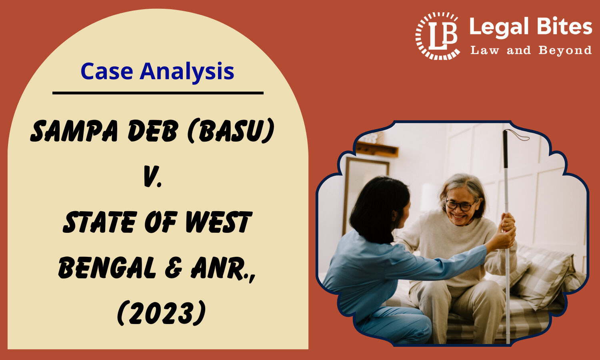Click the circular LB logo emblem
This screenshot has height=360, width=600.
(438, 36)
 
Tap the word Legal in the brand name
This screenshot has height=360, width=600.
(498, 28)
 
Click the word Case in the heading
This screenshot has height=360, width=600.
(107, 71)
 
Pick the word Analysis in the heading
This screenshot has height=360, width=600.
(187, 72)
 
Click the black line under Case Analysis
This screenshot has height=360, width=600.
(158, 93)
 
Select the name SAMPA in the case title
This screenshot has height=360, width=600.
(74, 131)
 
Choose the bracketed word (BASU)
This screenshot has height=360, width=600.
(231, 131)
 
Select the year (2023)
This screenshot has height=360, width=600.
(162, 312)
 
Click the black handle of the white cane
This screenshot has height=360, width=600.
(505, 149)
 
